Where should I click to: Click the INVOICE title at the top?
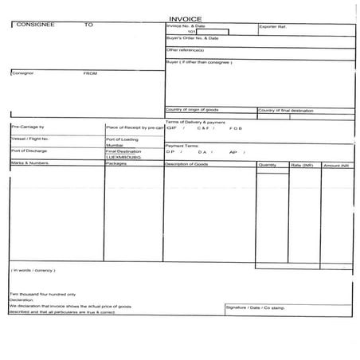tap(179, 18)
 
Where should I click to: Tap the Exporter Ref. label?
tap(273, 26)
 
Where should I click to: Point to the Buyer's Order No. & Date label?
tap(192, 38)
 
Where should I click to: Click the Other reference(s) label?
tap(186, 49)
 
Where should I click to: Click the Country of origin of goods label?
tap(192, 109)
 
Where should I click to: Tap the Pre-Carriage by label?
tap(28, 127)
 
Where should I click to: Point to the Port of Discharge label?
tap(29, 151)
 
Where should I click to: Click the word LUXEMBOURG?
tap(123, 157)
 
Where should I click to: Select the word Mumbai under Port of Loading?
tap(115, 145)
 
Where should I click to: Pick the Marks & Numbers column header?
tap(30, 162)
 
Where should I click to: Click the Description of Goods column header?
tap(186, 163)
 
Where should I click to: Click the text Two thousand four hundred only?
tap(43, 294)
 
